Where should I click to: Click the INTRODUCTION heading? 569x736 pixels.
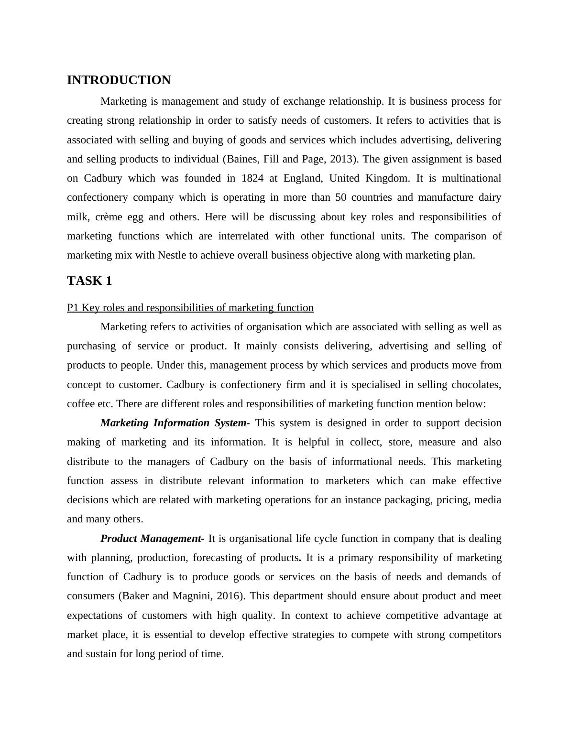pos(119,80)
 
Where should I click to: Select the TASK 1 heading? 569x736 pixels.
pos(89,281)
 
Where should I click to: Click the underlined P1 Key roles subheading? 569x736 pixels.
pos(190,308)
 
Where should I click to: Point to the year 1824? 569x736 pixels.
pos(253,178)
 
